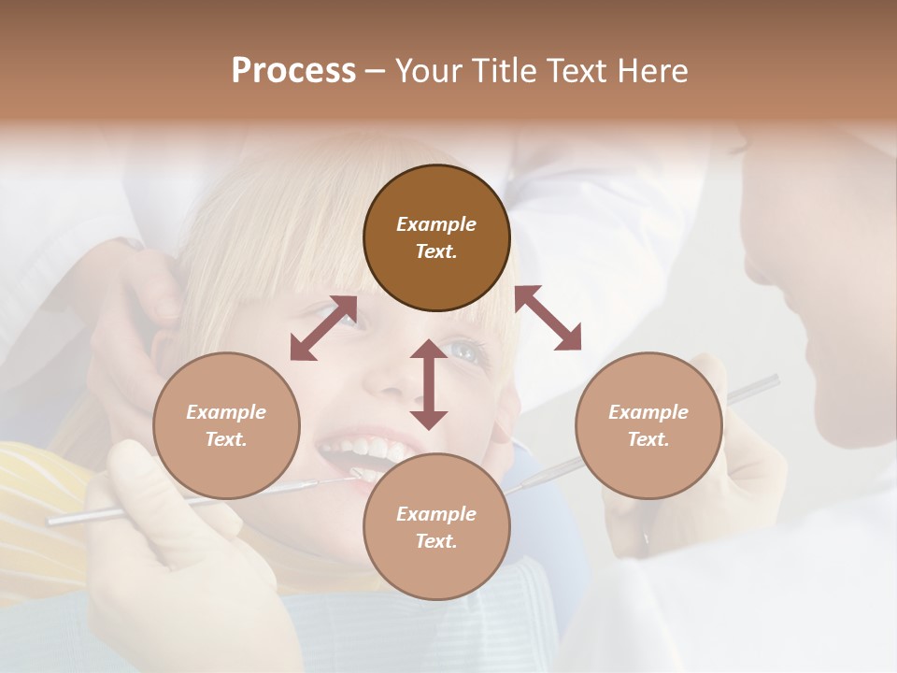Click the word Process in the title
pyautogui.click(x=293, y=71)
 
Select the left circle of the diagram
pyautogui.click(x=226, y=426)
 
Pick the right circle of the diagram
pyautogui.click(x=648, y=426)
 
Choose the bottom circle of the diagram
pyautogui.click(x=436, y=527)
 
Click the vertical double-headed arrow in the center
pyautogui.click(x=429, y=384)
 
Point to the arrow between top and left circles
pyautogui.click(x=323, y=328)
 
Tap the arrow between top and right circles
pyautogui.click(x=548, y=318)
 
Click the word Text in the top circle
pyautogui.click(x=435, y=251)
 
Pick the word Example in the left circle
pyautogui.click(x=226, y=412)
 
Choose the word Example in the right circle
pyautogui.click(x=648, y=412)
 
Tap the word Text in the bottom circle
pyautogui.click(x=435, y=541)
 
